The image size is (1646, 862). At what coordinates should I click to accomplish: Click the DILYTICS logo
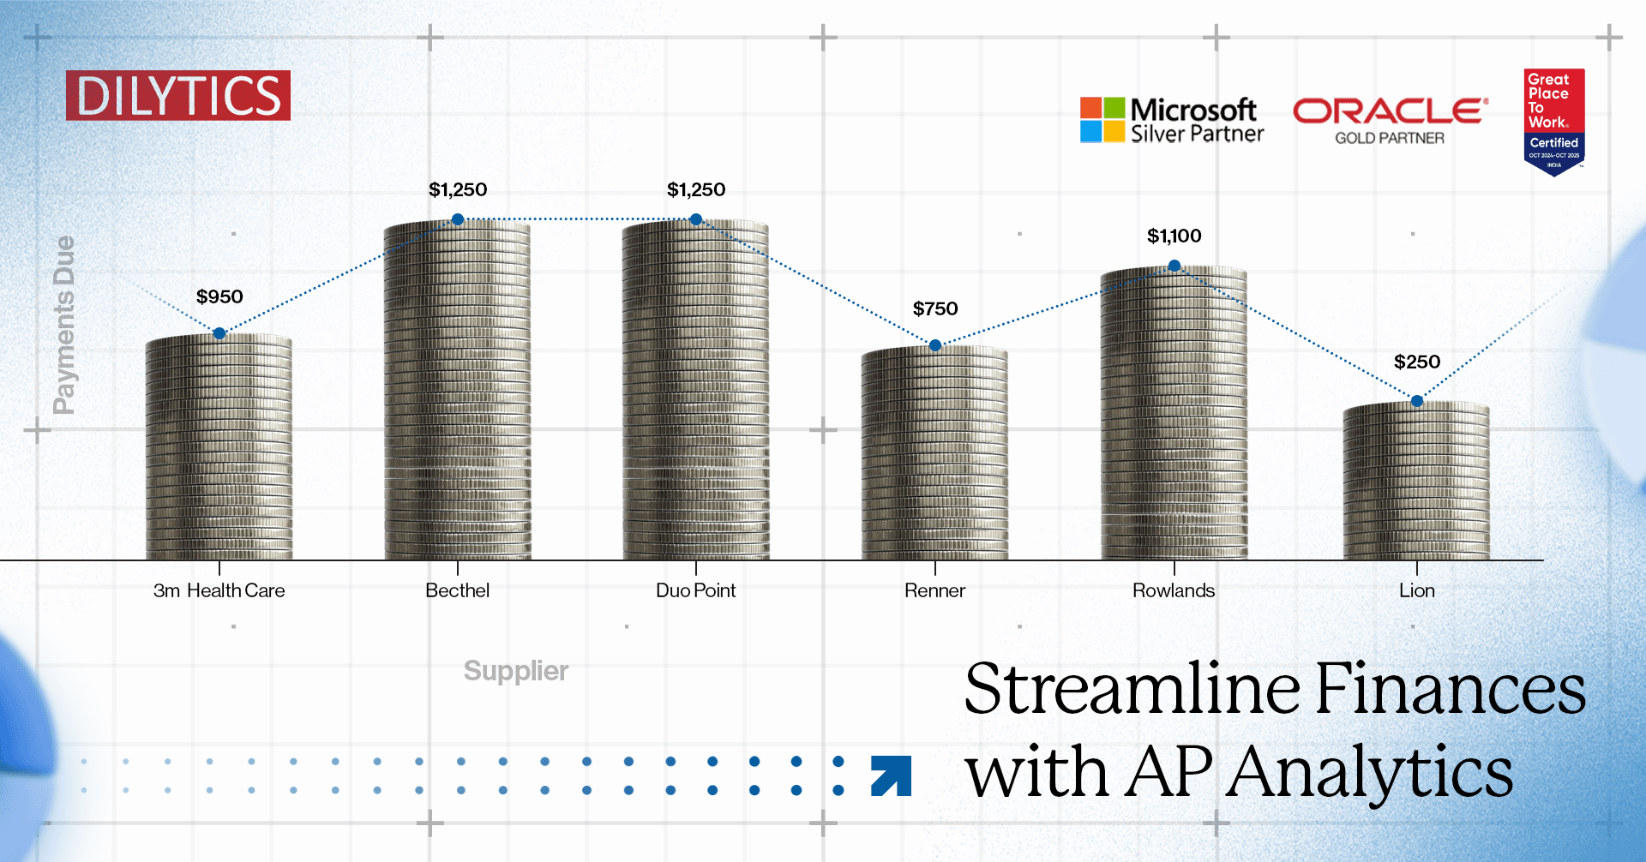(x=178, y=95)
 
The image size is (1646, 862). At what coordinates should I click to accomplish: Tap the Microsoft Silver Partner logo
(x=1171, y=120)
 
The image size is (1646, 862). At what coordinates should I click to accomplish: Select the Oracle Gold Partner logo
(x=1390, y=121)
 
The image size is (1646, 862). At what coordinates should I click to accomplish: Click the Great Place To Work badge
(x=1553, y=121)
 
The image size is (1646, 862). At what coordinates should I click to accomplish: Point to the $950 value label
(x=219, y=296)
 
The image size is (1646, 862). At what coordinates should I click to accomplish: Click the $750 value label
(x=935, y=308)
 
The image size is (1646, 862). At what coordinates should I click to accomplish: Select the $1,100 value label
(x=1174, y=236)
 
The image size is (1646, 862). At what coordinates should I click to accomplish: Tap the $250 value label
(x=1417, y=362)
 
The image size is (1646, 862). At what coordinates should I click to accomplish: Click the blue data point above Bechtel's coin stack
(x=458, y=220)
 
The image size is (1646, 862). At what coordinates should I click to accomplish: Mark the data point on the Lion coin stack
(x=1417, y=401)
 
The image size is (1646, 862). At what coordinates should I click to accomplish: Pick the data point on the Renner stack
(x=935, y=345)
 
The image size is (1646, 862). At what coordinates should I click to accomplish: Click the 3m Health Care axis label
(x=219, y=590)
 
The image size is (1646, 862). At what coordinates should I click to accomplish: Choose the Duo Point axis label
(x=696, y=590)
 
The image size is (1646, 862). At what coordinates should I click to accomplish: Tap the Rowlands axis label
(x=1174, y=590)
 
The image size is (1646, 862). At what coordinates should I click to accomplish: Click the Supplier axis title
(x=516, y=671)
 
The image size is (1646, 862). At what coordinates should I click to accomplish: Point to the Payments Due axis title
(x=64, y=325)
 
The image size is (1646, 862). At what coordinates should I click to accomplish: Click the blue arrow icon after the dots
(x=891, y=775)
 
